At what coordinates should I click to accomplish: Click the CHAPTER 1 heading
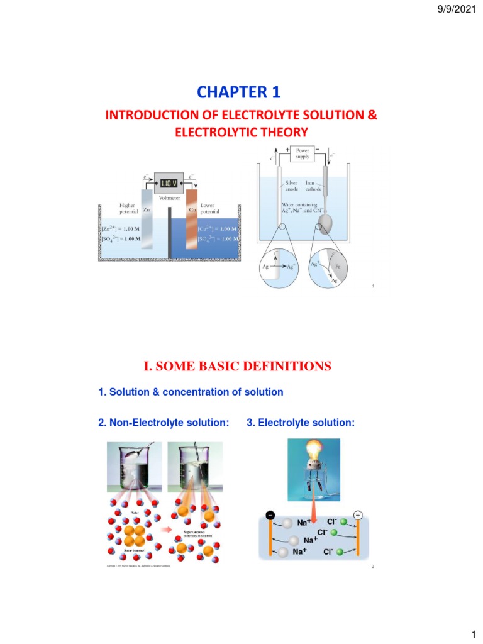(238, 92)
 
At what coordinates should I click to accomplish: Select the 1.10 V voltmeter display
(168, 183)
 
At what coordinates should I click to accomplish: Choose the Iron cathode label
(314, 186)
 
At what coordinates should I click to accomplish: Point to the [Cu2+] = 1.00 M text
(218, 230)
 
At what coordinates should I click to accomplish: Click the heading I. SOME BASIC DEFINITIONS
(238, 366)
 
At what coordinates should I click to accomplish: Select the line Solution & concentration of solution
(191, 392)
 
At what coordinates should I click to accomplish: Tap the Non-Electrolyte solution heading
(164, 423)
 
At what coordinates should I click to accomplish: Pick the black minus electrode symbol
(270, 515)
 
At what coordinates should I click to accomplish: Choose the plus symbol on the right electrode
(358, 515)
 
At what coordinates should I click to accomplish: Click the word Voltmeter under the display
(170, 198)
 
